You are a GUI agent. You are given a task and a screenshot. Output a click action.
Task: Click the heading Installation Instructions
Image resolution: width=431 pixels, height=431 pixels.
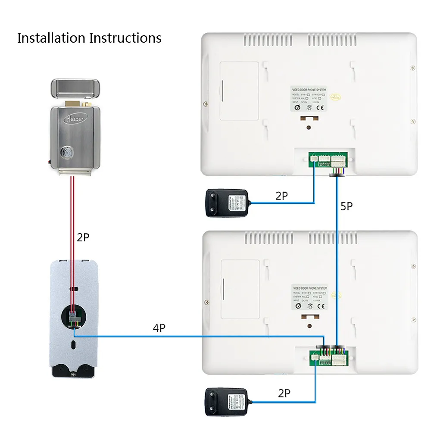[89, 38]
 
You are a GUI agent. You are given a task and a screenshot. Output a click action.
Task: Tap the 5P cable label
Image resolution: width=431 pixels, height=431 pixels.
[347, 206]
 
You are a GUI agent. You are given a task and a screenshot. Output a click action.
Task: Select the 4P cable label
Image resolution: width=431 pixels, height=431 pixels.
[159, 328]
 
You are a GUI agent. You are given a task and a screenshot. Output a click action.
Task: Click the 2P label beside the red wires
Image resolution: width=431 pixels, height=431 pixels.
[83, 237]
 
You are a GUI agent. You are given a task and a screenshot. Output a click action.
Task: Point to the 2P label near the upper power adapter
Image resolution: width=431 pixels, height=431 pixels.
[281, 196]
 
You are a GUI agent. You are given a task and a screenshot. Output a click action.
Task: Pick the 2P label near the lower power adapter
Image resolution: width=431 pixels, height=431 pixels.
[284, 393]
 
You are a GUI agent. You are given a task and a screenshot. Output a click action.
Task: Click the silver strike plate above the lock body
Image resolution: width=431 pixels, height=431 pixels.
[76, 88]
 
